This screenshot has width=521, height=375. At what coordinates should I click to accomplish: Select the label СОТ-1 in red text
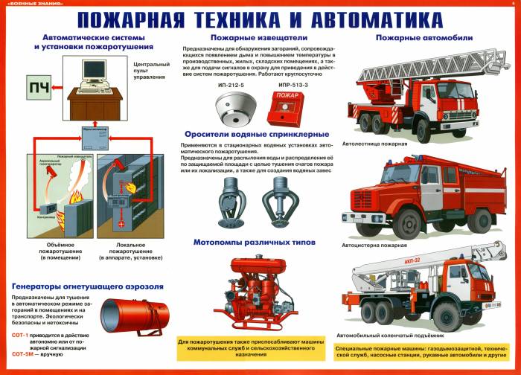click(x=21, y=334)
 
